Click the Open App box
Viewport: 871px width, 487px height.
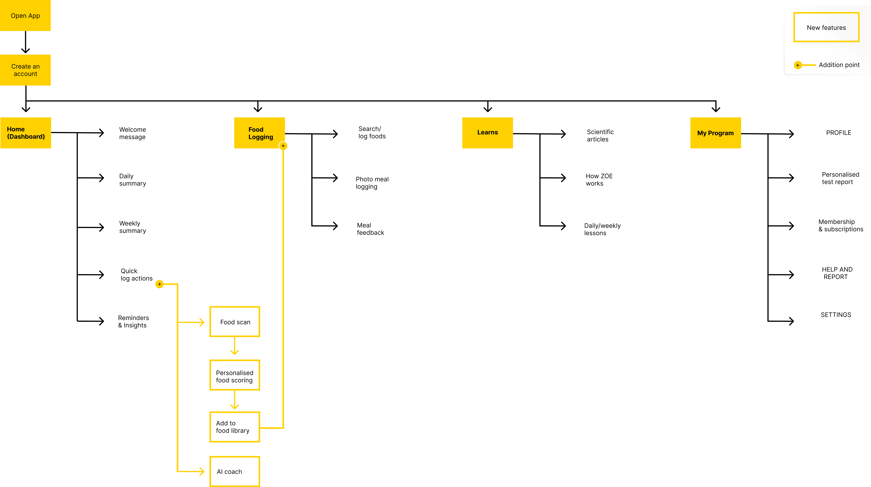(x=25, y=16)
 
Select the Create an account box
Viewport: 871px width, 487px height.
(x=25, y=70)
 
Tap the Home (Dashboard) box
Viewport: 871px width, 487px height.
(x=26, y=133)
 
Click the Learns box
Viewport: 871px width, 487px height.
(x=487, y=133)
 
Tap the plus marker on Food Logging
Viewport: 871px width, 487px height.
(x=283, y=146)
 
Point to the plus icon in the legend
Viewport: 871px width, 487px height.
(x=798, y=65)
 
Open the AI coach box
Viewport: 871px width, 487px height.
(x=235, y=471)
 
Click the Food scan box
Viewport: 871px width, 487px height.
(x=235, y=322)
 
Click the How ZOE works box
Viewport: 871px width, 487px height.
(x=602, y=180)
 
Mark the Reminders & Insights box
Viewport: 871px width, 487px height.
(x=134, y=321)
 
